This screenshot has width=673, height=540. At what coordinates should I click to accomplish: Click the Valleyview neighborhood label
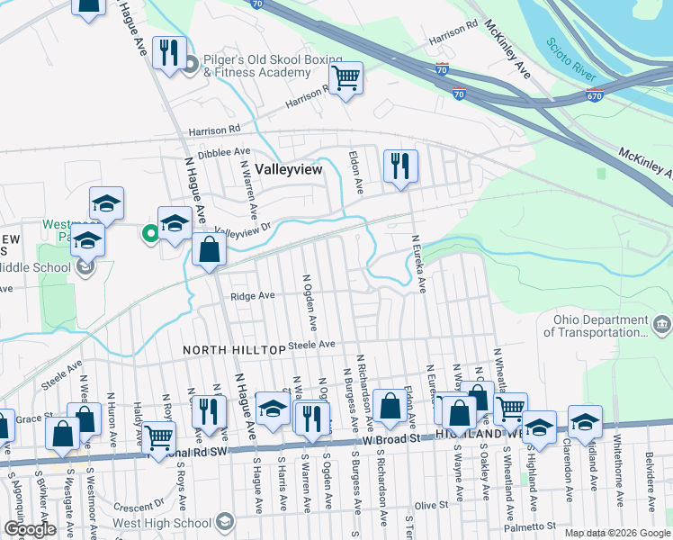[x=288, y=168]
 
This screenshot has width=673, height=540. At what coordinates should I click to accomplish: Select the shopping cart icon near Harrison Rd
[x=345, y=78]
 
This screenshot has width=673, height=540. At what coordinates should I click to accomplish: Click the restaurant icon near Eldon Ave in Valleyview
[x=400, y=166]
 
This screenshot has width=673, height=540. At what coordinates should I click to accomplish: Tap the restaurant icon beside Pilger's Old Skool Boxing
[x=169, y=53]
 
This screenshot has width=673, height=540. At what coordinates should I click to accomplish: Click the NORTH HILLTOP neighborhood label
[x=234, y=348]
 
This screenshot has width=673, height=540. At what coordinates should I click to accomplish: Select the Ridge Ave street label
[x=252, y=295]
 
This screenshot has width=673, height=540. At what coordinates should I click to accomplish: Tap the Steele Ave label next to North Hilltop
[x=311, y=344]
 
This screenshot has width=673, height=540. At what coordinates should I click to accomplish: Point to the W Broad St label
[x=392, y=438]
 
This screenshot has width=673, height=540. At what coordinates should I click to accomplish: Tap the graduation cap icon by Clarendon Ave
[x=585, y=422]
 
